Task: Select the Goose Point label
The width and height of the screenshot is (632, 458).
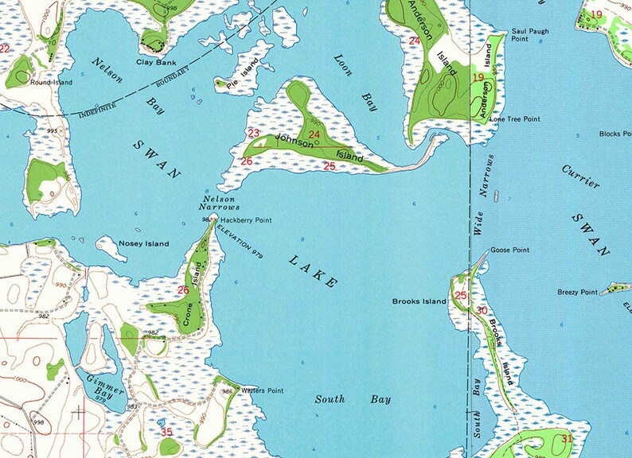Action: tap(509, 250)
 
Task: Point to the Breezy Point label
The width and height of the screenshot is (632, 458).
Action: tap(577, 292)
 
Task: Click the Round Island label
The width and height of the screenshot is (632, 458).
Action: tap(51, 82)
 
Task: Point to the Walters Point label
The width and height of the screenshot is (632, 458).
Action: tap(262, 390)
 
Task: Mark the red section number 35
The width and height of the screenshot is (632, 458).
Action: tap(166, 433)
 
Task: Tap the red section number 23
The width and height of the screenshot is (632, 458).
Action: tap(254, 133)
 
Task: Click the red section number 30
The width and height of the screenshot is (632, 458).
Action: tap(482, 310)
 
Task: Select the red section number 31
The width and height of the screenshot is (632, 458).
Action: tap(566, 438)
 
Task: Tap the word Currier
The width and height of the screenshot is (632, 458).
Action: tap(580, 176)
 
